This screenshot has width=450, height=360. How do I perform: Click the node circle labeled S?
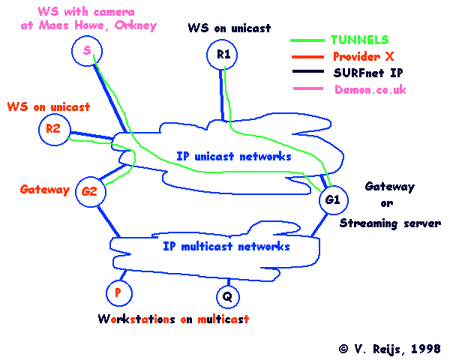[87, 51]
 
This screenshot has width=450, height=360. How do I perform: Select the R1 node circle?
[223, 55]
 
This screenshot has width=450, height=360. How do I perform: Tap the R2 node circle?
[52, 129]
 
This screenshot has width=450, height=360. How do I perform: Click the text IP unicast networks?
[233, 157]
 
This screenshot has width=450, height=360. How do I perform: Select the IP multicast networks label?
[226, 245]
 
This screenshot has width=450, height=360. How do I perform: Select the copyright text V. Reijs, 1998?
[389, 349]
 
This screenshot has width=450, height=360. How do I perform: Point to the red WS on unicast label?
[48, 107]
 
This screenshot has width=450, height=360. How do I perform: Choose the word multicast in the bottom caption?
[223, 319]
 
